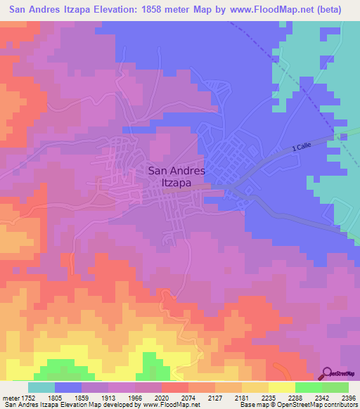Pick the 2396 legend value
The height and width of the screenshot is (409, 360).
(x=349, y=396)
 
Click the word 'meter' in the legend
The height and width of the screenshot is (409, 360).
(x=11, y=396)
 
